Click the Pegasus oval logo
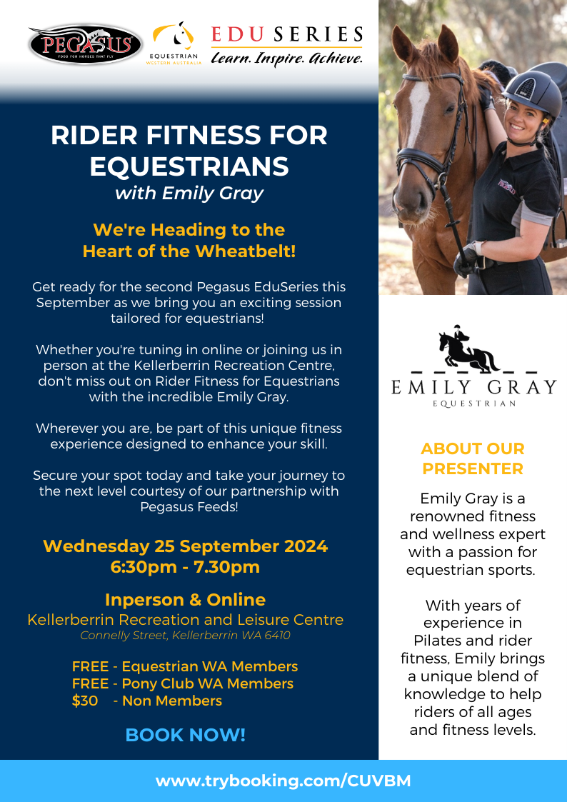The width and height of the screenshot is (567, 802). click(x=86, y=44)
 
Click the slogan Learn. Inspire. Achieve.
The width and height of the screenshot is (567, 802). click(x=287, y=58)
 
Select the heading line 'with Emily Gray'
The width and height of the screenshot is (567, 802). click(x=189, y=194)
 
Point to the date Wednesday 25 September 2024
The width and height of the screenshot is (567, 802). click(x=185, y=546)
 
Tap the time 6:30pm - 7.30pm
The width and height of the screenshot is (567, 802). click(x=185, y=567)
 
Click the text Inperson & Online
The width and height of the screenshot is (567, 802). click(x=185, y=599)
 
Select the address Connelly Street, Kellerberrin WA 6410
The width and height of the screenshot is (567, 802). click(x=185, y=636)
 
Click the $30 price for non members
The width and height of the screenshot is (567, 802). click(x=85, y=701)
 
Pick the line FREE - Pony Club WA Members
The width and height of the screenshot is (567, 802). click(x=183, y=684)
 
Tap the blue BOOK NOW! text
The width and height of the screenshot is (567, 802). click(x=185, y=735)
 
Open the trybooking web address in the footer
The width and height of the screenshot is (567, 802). click(x=283, y=781)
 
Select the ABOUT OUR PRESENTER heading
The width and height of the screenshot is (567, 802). click(x=473, y=458)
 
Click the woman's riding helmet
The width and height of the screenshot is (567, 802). click(x=532, y=94)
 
